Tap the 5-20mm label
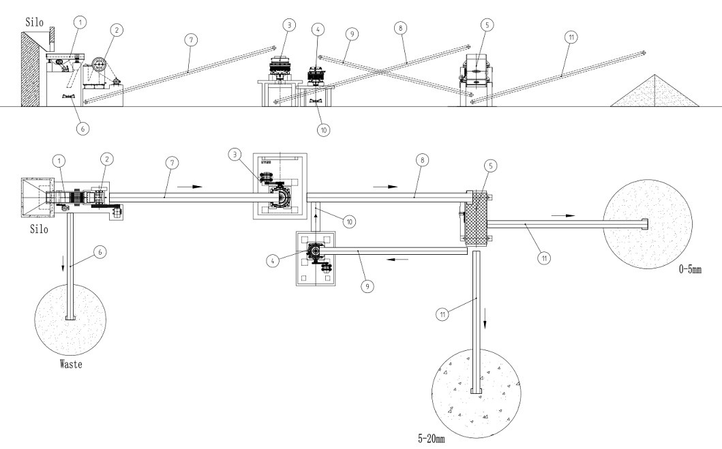pos(434,440)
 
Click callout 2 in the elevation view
pos(119,30)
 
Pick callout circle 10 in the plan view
pos(349,221)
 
